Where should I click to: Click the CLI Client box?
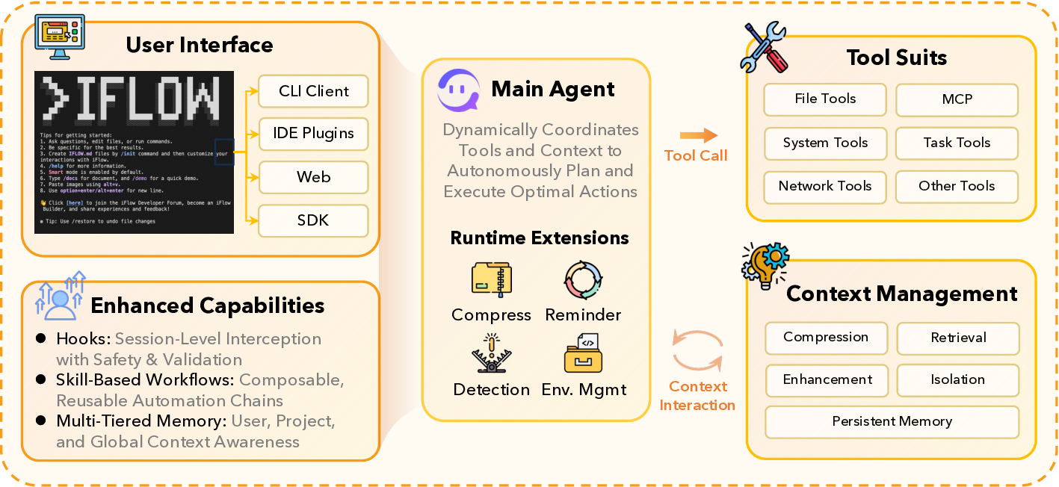[313, 91]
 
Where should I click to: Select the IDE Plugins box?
[313, 134]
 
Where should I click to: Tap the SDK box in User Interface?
[313, 220]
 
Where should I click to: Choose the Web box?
[313, 178]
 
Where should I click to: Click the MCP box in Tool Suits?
[957, 99]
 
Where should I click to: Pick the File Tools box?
[825, 99]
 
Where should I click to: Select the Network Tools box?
[825, 187]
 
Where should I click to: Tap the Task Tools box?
[957, 143]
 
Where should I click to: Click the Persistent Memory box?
[892, 422]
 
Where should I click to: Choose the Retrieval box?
[957, 338]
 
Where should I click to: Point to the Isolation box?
[957, 379]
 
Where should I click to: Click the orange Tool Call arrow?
[698, 136]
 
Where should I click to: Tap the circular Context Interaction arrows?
[698, 352]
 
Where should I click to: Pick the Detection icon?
[491, 354]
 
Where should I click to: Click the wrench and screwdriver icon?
[763, 46]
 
